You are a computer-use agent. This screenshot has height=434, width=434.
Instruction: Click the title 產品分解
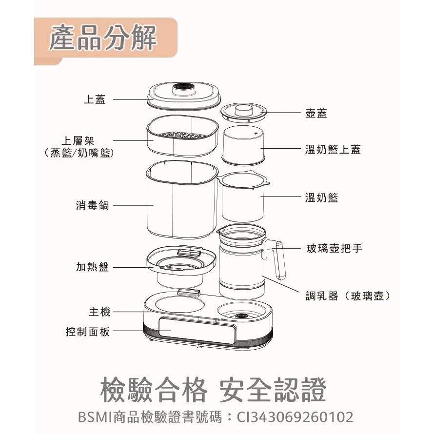pos(103,39)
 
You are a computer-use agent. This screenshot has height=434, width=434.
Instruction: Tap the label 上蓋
pos(95,99)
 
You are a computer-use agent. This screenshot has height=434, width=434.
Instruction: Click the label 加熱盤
pos(92,267)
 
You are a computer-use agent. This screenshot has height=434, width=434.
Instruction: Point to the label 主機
pos(99,312)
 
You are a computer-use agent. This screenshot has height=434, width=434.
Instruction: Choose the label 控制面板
pos(88,332)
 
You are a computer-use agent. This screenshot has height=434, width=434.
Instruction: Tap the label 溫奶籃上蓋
pos(333,150)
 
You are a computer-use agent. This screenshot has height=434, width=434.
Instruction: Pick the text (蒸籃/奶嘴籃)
pos(79,153)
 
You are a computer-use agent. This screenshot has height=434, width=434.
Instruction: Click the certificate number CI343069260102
pos(295,417)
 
